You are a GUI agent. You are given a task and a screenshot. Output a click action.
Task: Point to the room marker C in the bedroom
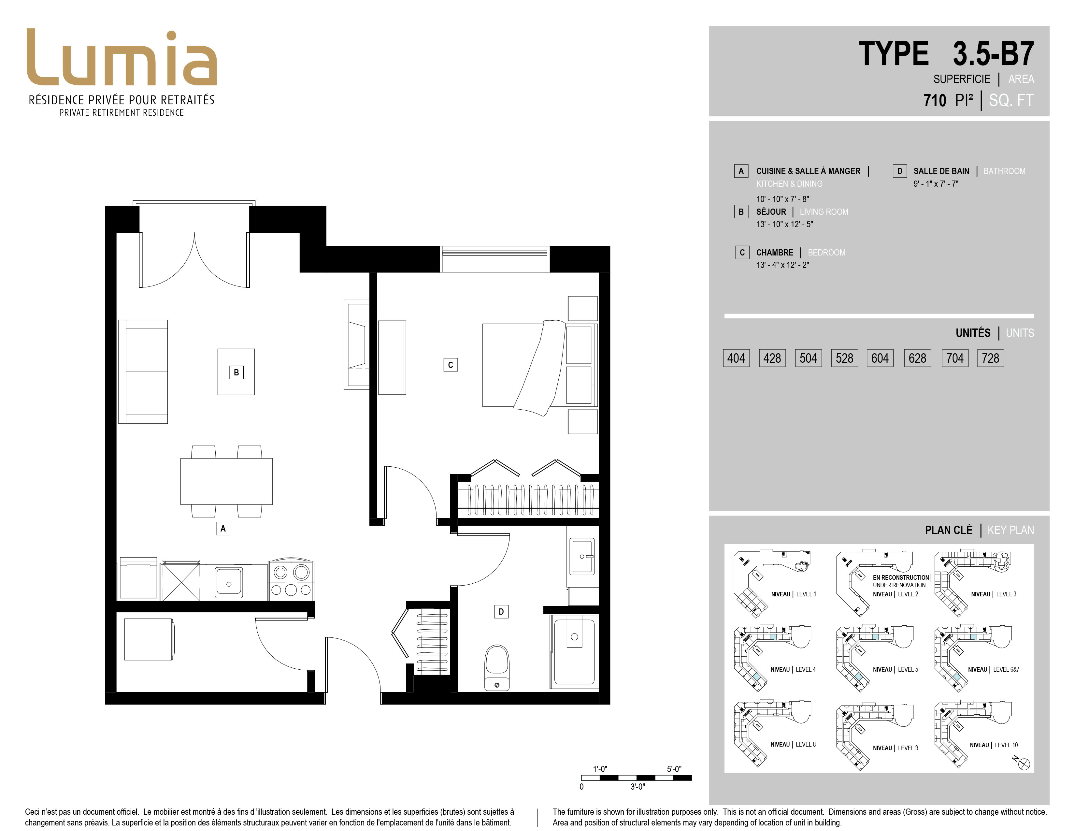pos(451,365)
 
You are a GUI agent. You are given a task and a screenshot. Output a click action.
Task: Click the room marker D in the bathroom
pos(501,611)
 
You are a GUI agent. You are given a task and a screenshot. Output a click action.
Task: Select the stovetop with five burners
pos(291,579)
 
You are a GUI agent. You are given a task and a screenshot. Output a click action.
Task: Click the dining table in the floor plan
pos(226,481)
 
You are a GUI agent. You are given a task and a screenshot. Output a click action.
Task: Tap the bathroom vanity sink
pos(582,556)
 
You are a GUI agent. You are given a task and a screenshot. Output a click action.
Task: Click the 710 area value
pos(935,100)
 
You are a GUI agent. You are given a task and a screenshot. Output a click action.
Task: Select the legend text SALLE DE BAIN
pos(941,171)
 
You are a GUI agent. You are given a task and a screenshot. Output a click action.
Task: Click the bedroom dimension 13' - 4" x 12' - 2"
pos(782,265)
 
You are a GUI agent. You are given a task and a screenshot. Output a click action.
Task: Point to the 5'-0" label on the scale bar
pos(674,769)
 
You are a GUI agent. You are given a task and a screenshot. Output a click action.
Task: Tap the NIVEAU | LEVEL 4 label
pos(793,670)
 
